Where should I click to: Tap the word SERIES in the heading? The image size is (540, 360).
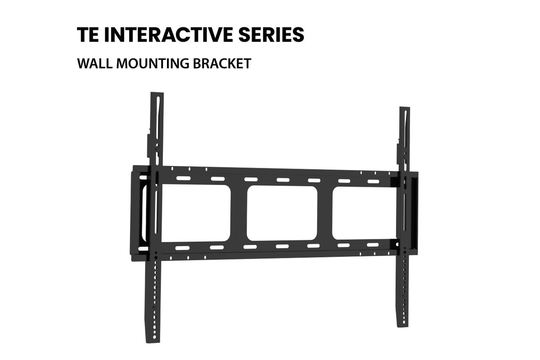point(271,35)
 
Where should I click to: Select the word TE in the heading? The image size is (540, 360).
point(88,35)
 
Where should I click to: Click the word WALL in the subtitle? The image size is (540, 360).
point(95,63)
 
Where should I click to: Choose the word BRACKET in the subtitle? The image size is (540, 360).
point(222,63)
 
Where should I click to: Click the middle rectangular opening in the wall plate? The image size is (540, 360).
point(282,213)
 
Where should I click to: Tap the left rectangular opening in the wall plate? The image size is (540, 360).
point(195,213)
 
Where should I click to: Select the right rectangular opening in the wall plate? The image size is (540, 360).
point(364,213)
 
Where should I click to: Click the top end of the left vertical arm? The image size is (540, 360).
point(157,93)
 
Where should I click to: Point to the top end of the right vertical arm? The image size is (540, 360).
point(405,108)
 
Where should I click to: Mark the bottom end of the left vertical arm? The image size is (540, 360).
point(153,341)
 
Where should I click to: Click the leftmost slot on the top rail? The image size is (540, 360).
point(184,179)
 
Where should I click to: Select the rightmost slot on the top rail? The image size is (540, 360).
point(373,181)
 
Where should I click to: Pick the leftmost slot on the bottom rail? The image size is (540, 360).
point(183,248)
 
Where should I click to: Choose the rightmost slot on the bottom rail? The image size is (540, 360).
point(373,245)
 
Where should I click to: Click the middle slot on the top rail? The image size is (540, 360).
point(283,180)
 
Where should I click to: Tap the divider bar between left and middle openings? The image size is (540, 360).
point(238,213)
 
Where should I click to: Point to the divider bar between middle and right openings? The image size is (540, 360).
point(325,213)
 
